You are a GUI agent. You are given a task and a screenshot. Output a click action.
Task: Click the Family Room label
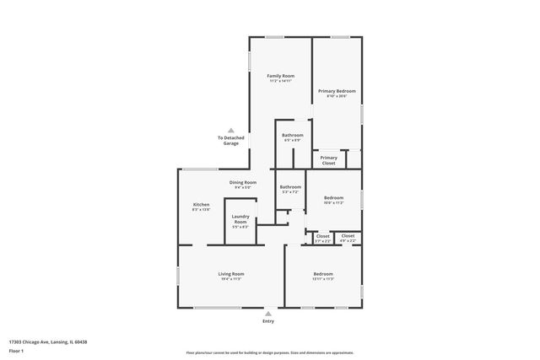280,76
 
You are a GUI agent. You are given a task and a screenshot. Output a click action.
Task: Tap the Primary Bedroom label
337,91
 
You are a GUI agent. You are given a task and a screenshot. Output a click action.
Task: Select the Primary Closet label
329,160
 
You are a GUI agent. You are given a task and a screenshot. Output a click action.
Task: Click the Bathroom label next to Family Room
293,135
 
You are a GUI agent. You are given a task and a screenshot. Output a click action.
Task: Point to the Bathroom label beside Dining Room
290,187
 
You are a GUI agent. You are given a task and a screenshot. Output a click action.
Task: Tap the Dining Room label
243,182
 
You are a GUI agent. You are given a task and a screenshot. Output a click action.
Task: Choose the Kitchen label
201,205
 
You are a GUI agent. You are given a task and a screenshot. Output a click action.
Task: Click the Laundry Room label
240,220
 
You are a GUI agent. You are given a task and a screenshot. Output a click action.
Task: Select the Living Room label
231,274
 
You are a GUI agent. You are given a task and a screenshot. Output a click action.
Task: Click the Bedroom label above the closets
334,198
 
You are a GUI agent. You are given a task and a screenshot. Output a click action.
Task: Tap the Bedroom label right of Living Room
323,274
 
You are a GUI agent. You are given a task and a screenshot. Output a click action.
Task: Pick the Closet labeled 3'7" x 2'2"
323,237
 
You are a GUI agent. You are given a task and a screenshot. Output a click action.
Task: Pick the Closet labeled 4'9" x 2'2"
348,237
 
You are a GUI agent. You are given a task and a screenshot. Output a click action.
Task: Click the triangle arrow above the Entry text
268,313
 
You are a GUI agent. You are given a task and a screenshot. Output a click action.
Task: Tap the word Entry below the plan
268,321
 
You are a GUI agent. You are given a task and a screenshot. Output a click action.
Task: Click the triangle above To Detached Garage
231,130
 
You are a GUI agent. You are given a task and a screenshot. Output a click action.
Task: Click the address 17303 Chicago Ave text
48,342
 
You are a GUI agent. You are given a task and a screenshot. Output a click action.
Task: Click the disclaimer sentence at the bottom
269,353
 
